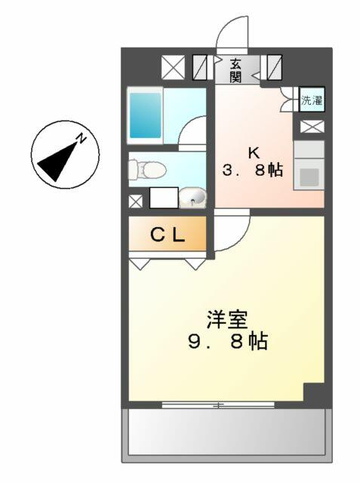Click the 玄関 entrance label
coord(236,70)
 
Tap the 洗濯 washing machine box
coord(312,99)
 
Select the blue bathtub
coord(146,115)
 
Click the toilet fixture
coord(147,168)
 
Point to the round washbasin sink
coord(192,197)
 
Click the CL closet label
coord(168,236)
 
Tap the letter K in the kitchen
coord(254,153)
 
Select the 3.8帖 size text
coord(253,170)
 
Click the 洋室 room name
coord(227,321)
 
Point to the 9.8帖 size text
coord(228,341)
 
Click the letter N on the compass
coord(82,138)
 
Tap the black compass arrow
coord(58,161)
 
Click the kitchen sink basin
coord(309,177)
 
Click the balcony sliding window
coord(218,405)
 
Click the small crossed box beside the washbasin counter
coord(136,202)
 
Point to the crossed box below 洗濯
coord(312,127)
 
